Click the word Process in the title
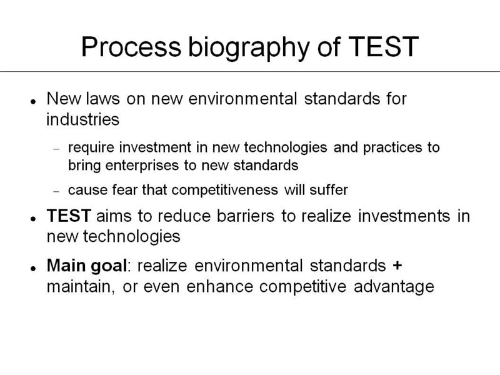click(131, 47)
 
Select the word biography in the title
click(249, 49)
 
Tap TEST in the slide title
click(383, 47)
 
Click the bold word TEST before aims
click(69, 216)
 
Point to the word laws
click(102, 99)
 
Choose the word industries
click(82, 119)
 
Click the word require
click(91, 148)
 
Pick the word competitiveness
click(224, 191)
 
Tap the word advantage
click(394, 287)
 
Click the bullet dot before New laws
click(33, 102)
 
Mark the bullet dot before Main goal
click(33, 269)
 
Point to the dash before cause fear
click(56, 192)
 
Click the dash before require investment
click(56, 149)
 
